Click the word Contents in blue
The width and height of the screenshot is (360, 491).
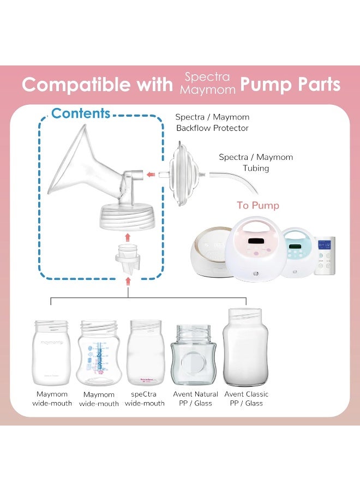pyautogui.click(x=81, y=113)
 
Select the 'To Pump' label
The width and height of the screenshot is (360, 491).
pyautogui.click(x=258, y=206)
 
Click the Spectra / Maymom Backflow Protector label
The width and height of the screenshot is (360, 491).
pyautogui.click(x=212, y=123)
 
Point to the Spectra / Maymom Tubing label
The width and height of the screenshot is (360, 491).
pyautogui.click(x=256, y=163)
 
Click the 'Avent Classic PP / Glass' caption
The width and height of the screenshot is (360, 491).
pyautogui.click(x=246, y=399)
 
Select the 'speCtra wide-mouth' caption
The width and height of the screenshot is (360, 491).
pyautogui.click(x=145, y=399)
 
